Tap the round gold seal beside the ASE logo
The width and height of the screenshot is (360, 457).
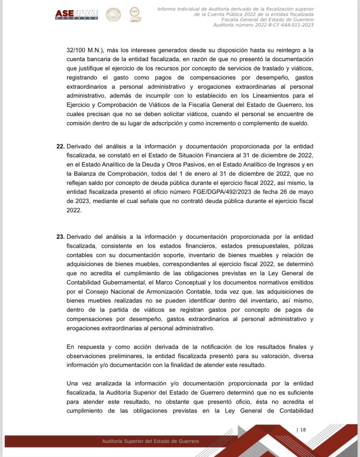pyautogui.click(x=113, y=14)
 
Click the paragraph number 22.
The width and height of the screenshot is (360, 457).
pyautogui.click(x=60, y=146)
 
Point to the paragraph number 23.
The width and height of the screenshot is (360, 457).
pyautogui.click(x=60, y=237)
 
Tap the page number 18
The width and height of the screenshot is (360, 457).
pyautogui.click(x=302, y=430)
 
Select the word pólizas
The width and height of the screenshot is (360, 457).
pyautogui.click(x=301, y=246)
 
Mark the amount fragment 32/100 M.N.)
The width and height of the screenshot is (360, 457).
pyautogui.click(x=85, y=50)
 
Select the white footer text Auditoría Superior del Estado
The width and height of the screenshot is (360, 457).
pyautogui.click(x=151, y=441)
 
